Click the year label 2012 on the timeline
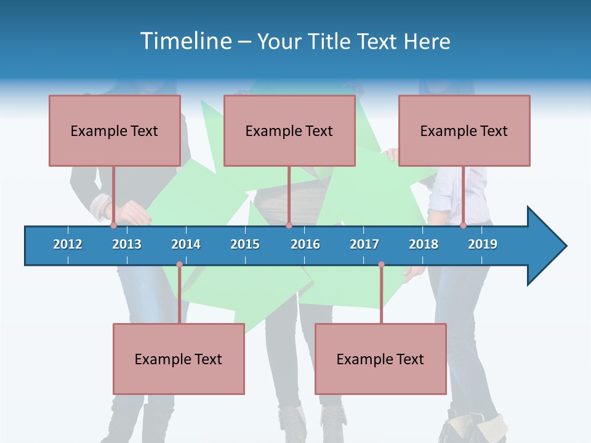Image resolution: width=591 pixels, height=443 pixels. click(x=68, y=244)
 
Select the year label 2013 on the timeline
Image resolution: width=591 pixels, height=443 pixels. click(x=127, y=244)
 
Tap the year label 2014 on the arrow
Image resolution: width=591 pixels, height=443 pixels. click(x=186, y=244)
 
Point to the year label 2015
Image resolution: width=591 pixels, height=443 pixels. click(x=245, y=244)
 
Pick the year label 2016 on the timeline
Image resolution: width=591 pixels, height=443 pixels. click(x=305, y=244)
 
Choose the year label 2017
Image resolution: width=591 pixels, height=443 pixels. click(x=364, y=244)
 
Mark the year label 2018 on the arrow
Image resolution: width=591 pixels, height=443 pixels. click(x=424, y=244)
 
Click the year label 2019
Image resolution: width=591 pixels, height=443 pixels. click(x=483, y=244)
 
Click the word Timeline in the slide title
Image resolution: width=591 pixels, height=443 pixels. click(x=185, y=41)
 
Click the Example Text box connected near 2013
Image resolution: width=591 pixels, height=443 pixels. click(x=115, y=130)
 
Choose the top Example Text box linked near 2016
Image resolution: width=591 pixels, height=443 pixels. click(x=289, y=130)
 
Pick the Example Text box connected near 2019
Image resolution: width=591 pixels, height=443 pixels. click(x=464, y=130)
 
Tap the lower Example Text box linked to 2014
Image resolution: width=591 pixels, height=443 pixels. click(x=179, y=359)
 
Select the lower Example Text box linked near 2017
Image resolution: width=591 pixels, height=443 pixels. click(x=380, y=359)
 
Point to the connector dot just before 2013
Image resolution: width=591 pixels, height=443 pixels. click(x=113, y=225)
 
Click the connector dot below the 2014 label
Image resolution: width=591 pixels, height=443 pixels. click(x=179, y=265)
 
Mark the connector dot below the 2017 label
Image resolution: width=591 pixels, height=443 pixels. click(x=381, y=265)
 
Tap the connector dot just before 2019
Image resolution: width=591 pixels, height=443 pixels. click(x=463, y=225)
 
